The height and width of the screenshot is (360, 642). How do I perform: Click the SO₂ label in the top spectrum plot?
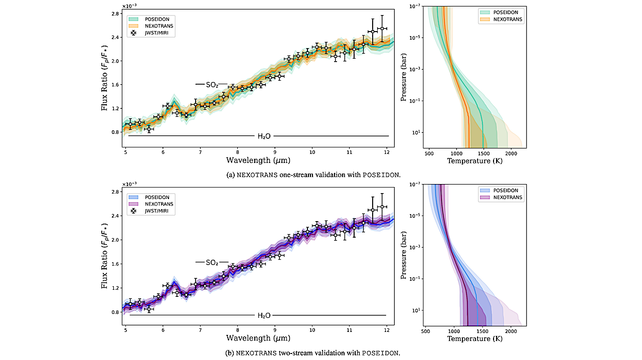212,85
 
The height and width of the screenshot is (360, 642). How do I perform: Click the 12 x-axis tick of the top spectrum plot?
387,152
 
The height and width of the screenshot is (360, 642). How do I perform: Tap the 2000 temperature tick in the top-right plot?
511,152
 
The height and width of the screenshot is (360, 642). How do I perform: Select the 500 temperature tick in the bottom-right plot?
426,331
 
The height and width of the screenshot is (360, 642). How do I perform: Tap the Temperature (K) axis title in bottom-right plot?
475,339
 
